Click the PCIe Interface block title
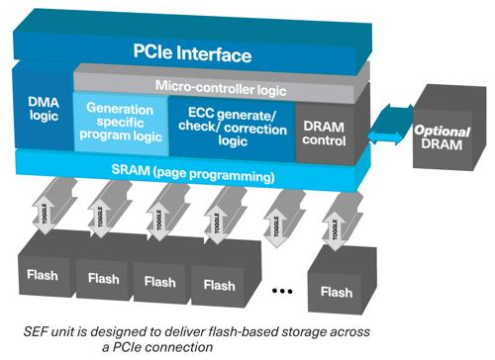click(x=193, y=53)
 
